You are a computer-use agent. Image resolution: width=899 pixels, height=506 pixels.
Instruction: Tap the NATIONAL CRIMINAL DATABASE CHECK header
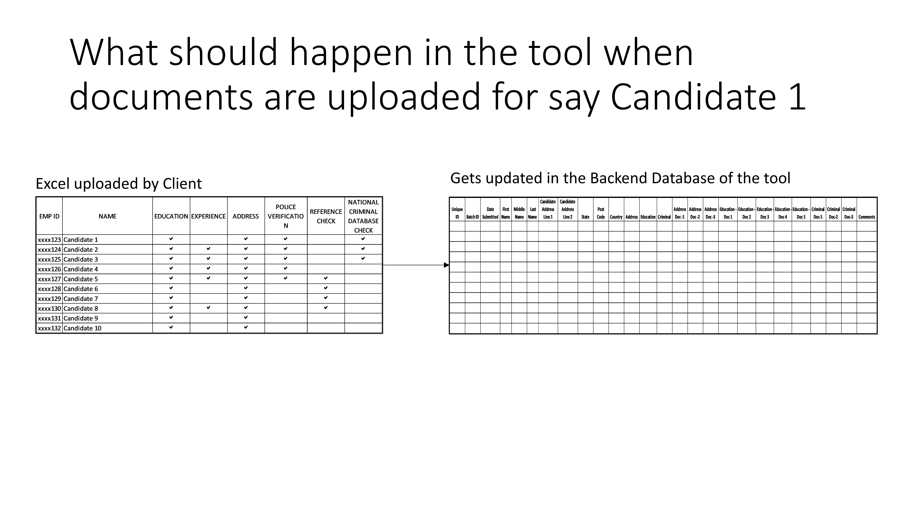(x=363, y=216)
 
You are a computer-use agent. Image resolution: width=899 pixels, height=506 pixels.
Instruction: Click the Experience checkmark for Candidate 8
(x=208, y=308)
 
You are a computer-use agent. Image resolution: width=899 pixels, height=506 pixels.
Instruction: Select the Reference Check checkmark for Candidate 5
(x=326, y=278)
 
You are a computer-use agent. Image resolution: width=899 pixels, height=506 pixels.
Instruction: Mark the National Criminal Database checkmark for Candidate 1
(x=363, y=239)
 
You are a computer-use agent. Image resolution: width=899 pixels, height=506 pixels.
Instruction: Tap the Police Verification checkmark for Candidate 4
(x=285, y=268)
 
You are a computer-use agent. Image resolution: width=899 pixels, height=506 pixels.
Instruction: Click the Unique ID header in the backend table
(x=457, y=213)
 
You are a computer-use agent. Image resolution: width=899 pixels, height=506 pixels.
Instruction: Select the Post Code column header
(x=601, y=213)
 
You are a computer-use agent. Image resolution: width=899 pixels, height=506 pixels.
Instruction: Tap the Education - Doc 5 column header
(x=801, y=213)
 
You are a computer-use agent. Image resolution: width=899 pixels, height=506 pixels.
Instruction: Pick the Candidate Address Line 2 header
(x=567, y=209)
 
